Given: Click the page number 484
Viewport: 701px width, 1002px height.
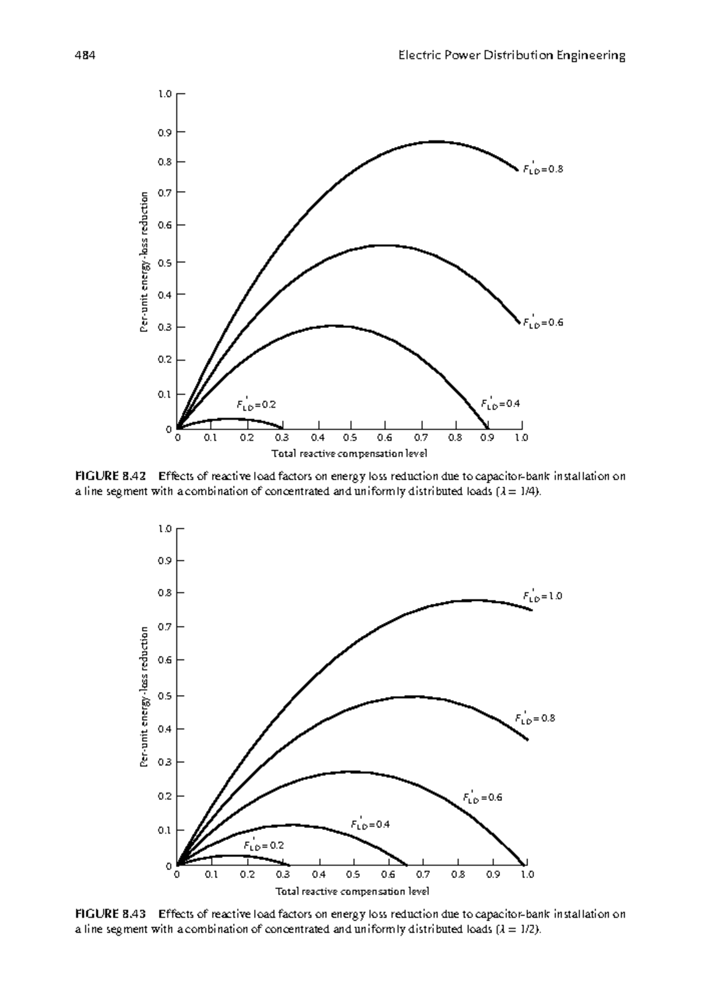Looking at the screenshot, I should [85, 56].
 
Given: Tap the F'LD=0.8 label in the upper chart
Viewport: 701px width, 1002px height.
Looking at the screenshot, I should [543, 170].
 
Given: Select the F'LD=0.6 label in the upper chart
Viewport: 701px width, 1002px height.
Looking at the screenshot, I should [543, 322].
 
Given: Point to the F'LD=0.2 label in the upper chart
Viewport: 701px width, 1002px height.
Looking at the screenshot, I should [256, 404].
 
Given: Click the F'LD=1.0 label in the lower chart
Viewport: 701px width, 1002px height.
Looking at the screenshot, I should [542, 596].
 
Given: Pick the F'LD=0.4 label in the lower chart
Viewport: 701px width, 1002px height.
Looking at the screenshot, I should [370, 824].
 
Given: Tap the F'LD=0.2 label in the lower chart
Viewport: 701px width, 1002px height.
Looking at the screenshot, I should [263, 845].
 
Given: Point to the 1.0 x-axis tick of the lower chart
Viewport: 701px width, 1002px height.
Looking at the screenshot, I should [527, 875].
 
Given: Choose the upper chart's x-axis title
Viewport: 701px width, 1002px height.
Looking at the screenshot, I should [349, 454].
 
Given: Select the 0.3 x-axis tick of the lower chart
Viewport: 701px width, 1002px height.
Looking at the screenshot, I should [283, 875].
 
